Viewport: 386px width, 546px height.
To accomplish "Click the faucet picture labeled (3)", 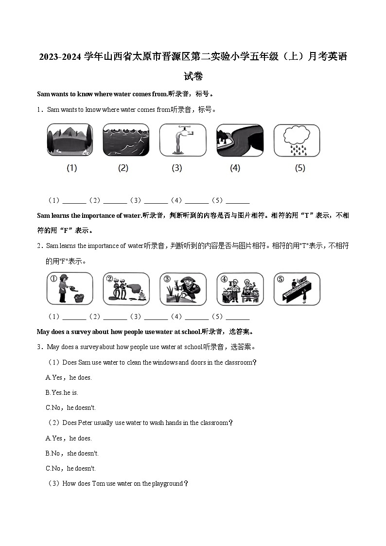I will coord(183,140).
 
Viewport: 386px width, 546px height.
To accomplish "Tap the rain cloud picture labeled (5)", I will coord(297,140).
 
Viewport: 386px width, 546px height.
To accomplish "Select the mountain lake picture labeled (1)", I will coord(70,140).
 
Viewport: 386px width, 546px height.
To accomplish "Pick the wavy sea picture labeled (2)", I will coord(126,140).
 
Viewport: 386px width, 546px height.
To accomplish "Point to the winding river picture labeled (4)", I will coord(240,140).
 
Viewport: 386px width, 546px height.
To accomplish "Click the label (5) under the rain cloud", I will coord(300,168).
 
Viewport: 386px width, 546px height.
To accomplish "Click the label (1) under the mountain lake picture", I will coord(71,168).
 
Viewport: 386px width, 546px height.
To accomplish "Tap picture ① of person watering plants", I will coord(70,289).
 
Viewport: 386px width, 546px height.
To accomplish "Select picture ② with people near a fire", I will coord(126,289).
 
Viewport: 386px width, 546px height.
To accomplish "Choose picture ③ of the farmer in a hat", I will coord(183,289).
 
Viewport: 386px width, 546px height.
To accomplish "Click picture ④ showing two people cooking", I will coord(240,289).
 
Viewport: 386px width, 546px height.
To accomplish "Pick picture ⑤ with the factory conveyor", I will coord(297,289).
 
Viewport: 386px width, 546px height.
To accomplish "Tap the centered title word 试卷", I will coord(193,76).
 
